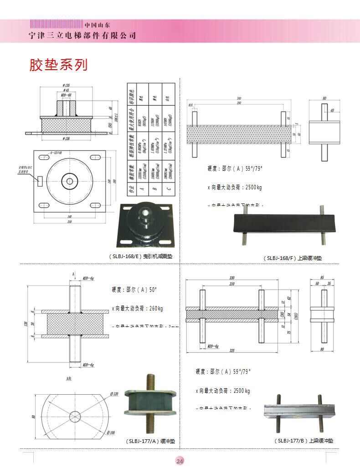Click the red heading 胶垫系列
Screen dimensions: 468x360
coord(58,65)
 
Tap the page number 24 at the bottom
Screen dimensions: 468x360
coord(180,461)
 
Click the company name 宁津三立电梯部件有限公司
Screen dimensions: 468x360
coord(82,36)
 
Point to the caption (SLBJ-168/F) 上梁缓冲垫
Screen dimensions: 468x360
coord(292,258)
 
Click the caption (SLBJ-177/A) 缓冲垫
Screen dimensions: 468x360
coord(150,441)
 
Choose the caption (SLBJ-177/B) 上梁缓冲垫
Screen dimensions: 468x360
coord(303,441)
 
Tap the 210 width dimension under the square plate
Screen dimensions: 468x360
coord(70,222)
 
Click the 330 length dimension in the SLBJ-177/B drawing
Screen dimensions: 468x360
coord(232,277)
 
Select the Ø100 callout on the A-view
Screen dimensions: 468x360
coord(109,432)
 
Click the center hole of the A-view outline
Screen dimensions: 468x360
coord(75,416)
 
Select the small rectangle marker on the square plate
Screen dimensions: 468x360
coord(39,181)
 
